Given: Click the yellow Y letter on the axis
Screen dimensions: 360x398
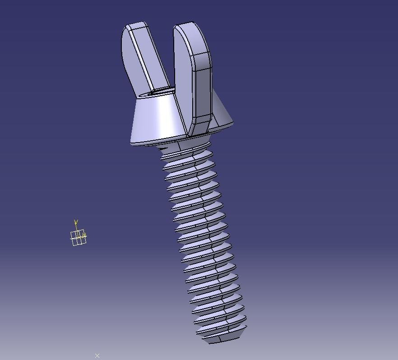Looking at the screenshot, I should click(76, 222).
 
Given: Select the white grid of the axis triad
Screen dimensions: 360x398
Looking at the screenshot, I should click(78, 238).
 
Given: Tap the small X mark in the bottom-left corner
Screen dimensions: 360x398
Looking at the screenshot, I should click(97, 356).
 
